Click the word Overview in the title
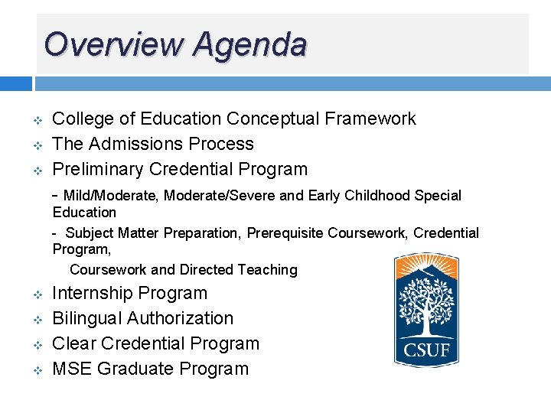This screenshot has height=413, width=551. (x=114, y=44)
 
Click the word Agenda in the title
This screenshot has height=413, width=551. (x=249, y=46)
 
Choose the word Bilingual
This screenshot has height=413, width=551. (x=86, y=318)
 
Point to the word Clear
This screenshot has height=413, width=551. (x=73, y=343)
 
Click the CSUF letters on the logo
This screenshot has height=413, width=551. (x=426, y=351)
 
